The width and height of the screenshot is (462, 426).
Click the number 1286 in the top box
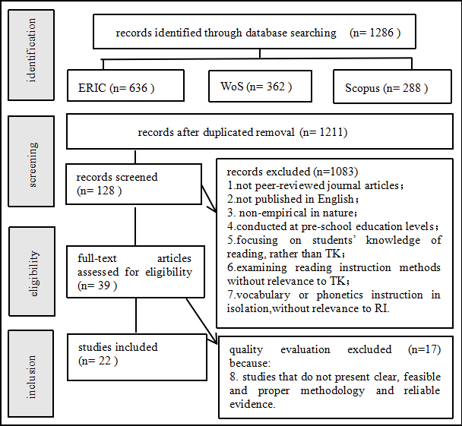point(382,33)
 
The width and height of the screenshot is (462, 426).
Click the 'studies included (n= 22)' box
point(137,355)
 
